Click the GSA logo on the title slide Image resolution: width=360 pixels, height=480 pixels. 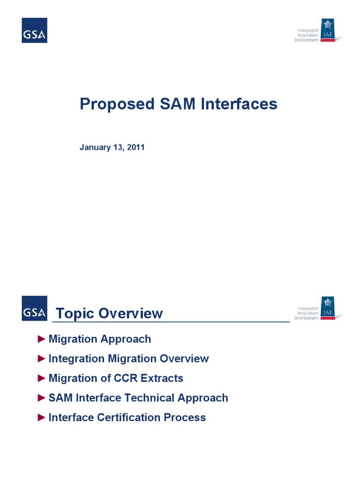pyautogui.click(x=34, y=30)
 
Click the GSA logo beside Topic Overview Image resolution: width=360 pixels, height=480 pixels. pyautogui.click(x=34, y=308)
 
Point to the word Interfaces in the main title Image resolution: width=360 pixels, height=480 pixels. pyautogui.click(x=239, y=104)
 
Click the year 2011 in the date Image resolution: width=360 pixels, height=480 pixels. pyautogui.click(x=136, y=147)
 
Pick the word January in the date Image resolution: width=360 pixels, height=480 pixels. pyautogui.click(x=95, y=147)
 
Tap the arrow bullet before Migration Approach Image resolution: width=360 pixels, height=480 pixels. pyautogui.click(x=41, y=338)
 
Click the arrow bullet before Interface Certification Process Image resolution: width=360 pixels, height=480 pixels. pyautogui.click(x=41, y=417)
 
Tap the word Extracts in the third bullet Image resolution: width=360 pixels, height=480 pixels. pyautogui.click(x=162, y=378)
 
